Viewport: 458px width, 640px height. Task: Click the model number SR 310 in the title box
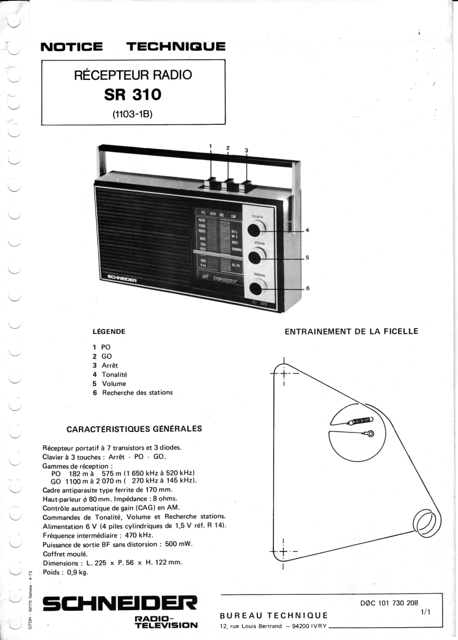[x=133, y=94]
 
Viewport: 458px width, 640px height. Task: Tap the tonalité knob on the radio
[x=256, y=228]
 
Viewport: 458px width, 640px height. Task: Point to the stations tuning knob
[x=256, y=288]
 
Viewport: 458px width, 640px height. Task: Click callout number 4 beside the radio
[x=307, y=230]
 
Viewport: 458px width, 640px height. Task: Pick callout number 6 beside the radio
[x=308, y=288]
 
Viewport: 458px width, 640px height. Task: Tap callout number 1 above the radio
[x=210, y=146]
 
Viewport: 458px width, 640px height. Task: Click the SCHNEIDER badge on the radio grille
[x=122, y=279]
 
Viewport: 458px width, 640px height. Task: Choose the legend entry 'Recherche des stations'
[x=137, y=393]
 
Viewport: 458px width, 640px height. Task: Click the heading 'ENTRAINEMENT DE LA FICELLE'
[x=352, y=331]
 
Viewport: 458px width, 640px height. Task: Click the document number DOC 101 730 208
[x=393, y=603]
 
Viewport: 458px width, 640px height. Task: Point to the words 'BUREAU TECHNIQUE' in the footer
[x=274, y=615]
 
